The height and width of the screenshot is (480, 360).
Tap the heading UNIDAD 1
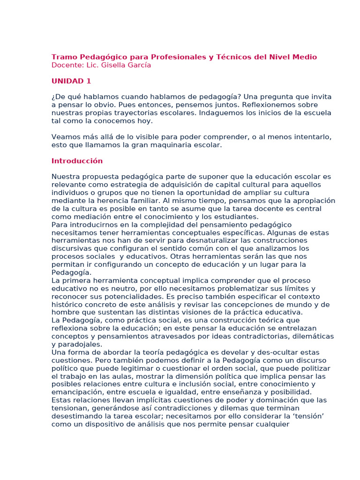(71, 81)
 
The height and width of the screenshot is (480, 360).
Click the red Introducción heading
(77, 161)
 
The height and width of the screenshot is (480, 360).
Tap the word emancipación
(77, 392)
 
